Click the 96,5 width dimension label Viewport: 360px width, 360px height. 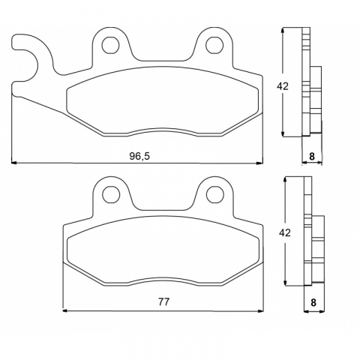[x=139, y=156]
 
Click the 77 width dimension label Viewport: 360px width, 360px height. [x=163, y=301]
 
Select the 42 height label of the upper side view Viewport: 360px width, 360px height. [x=283, y=86]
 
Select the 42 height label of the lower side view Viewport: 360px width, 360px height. [x=285, y=232]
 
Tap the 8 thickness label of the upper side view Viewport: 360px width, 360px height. [x=312, y=156]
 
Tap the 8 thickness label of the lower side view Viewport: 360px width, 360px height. [x=313, y=302]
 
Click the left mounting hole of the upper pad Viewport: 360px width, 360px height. [x=110, y=45]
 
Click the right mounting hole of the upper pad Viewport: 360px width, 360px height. [x=214, y=45]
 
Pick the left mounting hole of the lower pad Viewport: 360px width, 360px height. [x=111, y=194]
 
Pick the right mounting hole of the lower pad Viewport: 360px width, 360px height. [x=215, y=194]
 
